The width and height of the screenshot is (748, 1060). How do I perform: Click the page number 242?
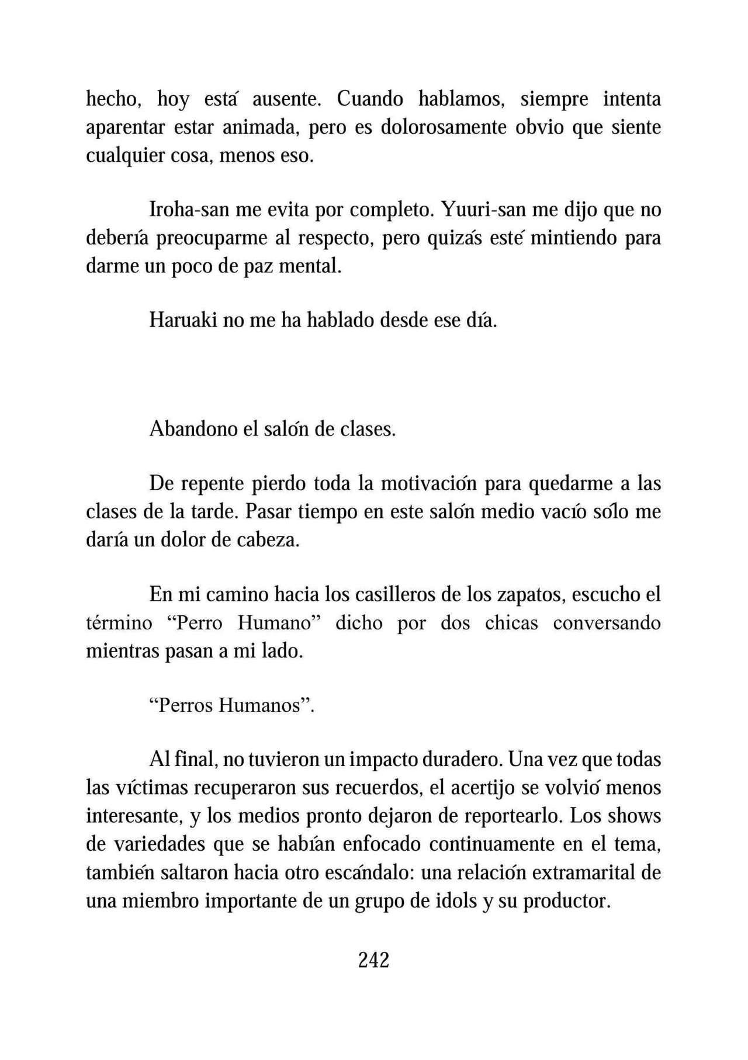coord(373,959)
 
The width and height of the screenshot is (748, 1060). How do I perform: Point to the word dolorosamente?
coord(444,127)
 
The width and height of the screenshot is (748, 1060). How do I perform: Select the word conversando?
coord(607,623)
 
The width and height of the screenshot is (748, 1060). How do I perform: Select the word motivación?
coord(430,484)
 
